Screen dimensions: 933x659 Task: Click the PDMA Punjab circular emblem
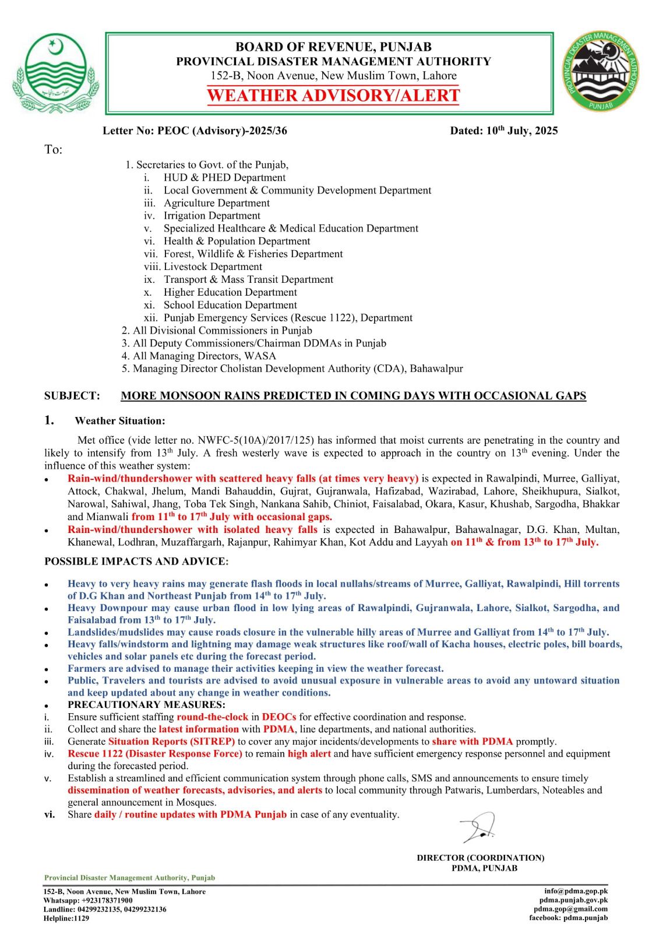[601, 72]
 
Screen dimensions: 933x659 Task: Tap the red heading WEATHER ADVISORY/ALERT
[333, 96]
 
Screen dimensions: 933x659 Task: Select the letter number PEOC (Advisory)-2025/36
[222, 131]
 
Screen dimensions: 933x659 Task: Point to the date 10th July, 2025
[503, 131]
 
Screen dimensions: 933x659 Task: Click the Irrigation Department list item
[212, 216]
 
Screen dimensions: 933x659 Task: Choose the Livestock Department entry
[213, 266]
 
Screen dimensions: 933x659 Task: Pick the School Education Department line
[230, 305]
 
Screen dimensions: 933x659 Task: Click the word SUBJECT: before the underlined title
[72, 396]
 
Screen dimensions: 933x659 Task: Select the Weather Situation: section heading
[120, 420]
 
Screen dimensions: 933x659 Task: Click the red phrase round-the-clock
[213, 717]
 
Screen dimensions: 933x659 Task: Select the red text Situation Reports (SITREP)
[171, 741]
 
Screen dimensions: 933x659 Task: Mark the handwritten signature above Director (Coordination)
[478, 827]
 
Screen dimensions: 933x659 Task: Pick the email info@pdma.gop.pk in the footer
[576, 891]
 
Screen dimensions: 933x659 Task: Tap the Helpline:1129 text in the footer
[66, 918]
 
